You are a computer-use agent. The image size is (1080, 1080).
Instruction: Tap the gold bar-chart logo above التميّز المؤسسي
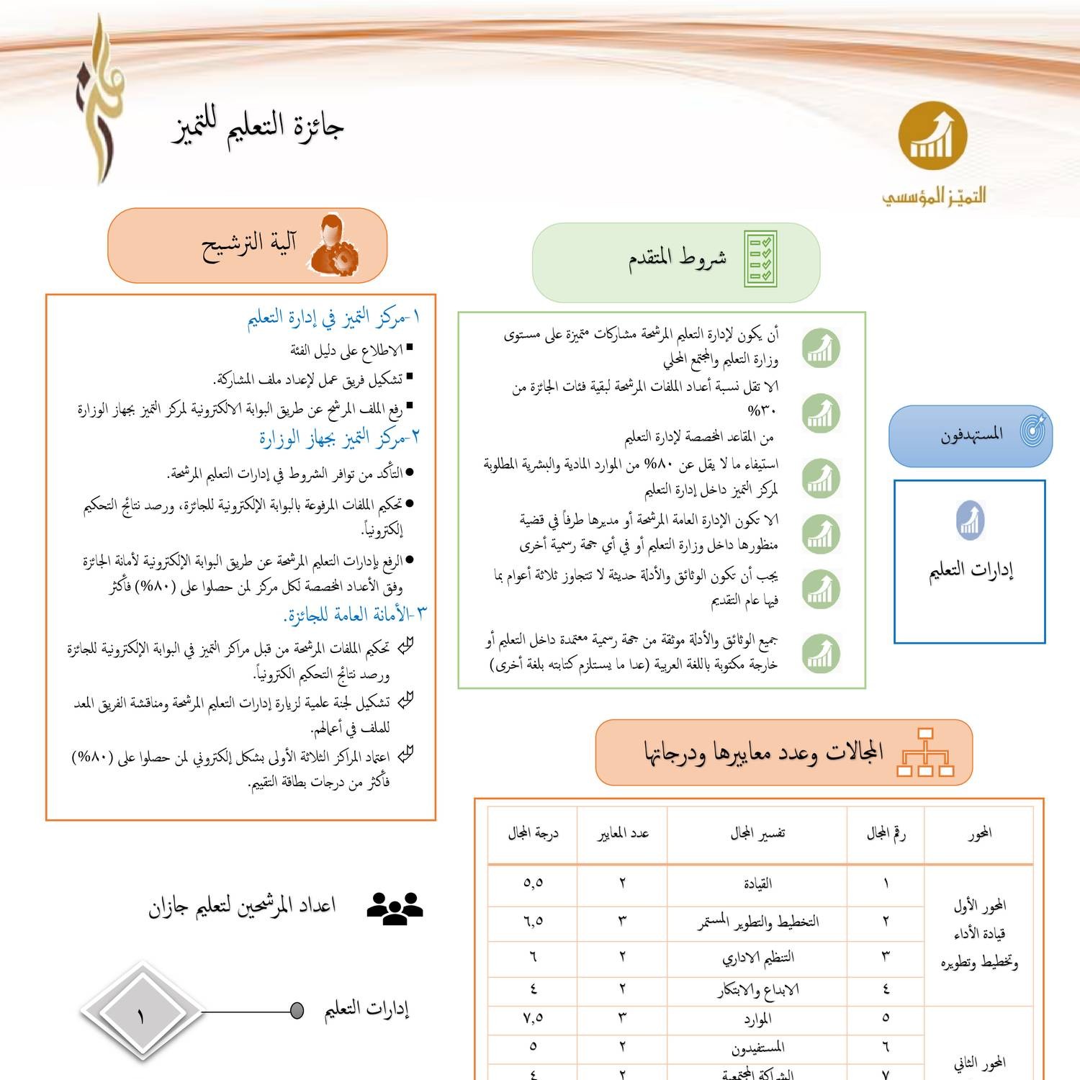(932, 136)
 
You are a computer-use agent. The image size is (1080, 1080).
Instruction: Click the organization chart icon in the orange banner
(925, 752)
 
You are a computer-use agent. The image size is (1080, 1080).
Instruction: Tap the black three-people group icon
(395, 908)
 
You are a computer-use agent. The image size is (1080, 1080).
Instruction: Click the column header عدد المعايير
(623, 834)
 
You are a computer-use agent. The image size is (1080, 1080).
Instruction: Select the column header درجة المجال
(533, 834)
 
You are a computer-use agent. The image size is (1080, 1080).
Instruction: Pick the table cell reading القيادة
(757, 883)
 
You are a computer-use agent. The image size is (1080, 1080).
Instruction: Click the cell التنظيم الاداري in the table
(757, 958)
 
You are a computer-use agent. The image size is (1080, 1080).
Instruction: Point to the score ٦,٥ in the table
(533, 921)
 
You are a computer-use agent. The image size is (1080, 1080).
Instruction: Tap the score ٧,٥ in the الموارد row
(533, 1018)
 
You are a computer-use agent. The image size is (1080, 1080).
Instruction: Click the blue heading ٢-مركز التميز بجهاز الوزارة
(339, 437)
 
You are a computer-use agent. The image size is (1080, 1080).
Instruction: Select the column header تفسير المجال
(757, 834)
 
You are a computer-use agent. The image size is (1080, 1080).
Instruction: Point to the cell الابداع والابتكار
(757, 990)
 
